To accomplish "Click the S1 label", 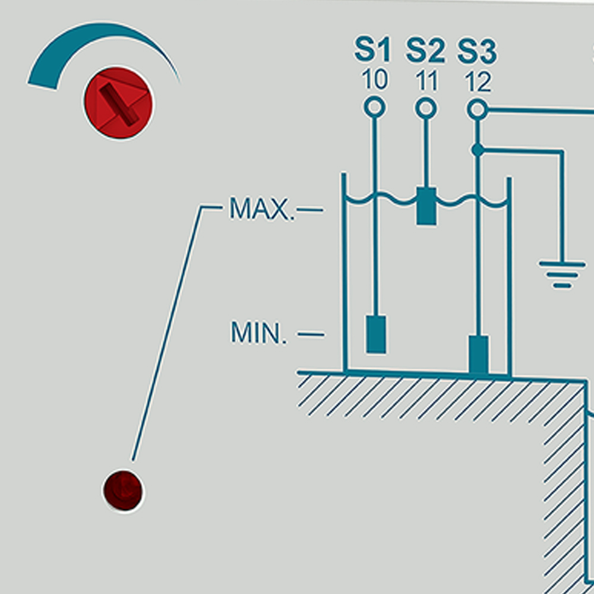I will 373,51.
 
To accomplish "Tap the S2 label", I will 425,51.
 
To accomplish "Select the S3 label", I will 477,51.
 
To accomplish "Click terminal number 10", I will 374,80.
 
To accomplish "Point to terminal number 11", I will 425,80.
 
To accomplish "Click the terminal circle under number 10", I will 374,108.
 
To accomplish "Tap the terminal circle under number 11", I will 425,108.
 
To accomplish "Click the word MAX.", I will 261,210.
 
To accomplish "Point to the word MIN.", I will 258,334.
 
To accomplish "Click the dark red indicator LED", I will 123,491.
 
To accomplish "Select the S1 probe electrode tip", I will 375,334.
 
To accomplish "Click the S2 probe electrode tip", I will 426,206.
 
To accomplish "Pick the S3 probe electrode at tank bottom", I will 478,355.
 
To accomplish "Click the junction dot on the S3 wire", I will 478,150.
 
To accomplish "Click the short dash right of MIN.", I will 311,334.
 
